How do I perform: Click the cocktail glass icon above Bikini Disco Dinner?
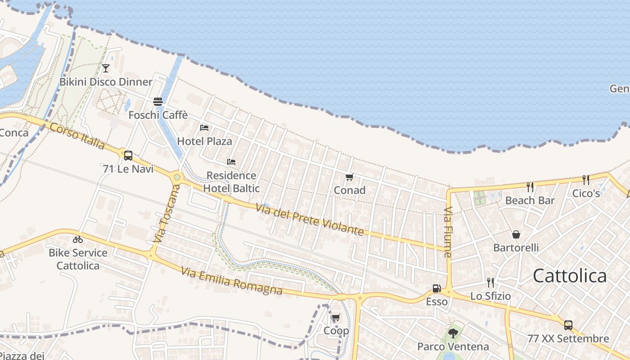(x=106, y=68)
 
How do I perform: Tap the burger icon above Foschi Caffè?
(x=157, y=102)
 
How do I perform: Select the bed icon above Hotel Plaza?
(x=204, y=128)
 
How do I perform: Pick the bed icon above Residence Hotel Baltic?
(x=231, y=162)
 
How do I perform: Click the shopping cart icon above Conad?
(x=350, y=177)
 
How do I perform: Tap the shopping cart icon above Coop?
(x=336, y=318)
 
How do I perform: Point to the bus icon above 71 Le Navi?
(x=128, y=156)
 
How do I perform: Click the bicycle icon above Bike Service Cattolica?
(x=78, y=239)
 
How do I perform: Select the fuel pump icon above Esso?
(x=436, y=288)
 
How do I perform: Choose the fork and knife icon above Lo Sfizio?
(x=490, y=283)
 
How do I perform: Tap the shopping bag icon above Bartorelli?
(x=516, y=234)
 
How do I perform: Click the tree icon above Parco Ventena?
(x=453, y=333)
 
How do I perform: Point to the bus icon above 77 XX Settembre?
(x=568, y=325)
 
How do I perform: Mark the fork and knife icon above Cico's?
(x=586, y=180)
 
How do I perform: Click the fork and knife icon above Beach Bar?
(x=530, y=187)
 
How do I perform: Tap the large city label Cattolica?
(x=570, y=276)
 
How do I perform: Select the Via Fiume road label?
(x=448, y=232)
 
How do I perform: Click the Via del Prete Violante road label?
(x=310, y=220)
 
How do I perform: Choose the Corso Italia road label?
(x=77, y=136)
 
